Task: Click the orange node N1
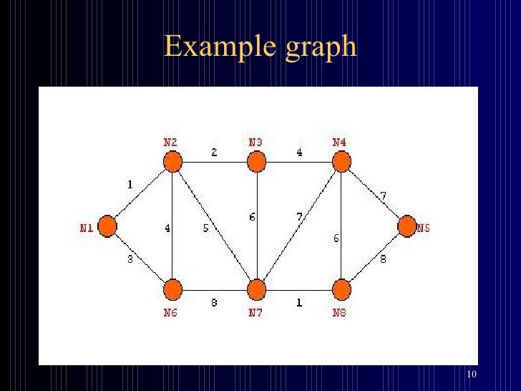tap(107, 226)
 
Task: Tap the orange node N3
tap(256, 163)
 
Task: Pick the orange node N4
tap(341, 163)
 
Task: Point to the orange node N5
tap(406, 226)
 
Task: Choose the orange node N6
tap(172, 290)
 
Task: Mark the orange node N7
tap(256, 290)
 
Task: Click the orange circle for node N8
tap(341, 290)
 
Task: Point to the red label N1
tap(86, 228)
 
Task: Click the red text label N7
tap(255, 313)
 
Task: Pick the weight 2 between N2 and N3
tap(213, 153)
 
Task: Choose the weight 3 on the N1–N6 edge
tap(130, 259)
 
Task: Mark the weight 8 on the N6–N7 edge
tap(214, 303)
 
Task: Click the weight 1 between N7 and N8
tap(299, 303)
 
